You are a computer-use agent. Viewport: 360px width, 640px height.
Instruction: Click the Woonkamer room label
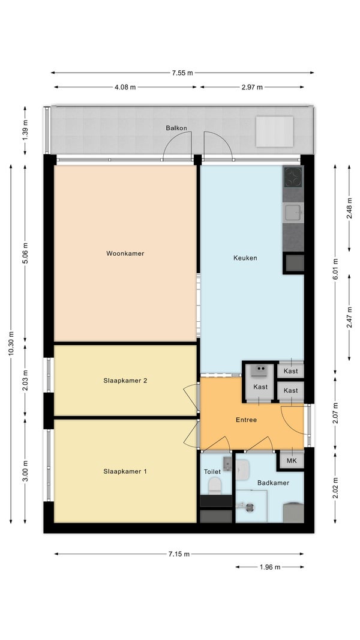pyautogui.click(x=125, y=253)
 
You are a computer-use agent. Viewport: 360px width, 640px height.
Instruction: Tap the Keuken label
pyautogui.click(x=245, y=258)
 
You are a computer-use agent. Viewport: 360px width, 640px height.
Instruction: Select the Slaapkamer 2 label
pyautogui.click(x=125, y=381)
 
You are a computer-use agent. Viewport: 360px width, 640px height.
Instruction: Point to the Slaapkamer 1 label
pyautogui.click(x=125, y=471)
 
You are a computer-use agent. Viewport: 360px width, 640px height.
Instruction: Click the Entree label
pyautogui.click(x=246, y=420)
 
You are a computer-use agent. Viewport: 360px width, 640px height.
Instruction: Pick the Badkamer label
pyautogui.click(x=273, y=483)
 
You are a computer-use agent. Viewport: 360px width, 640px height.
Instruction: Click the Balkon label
pyautogui.click(x=176, y=128)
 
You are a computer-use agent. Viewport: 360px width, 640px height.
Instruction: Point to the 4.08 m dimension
pyautogui.click(x=125, y=87)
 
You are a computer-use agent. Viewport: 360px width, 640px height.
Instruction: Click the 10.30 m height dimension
pyautogui.click(x=11, y=343)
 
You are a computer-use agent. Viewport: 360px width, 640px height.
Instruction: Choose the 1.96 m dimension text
pyautogui.click(x=270, y=567)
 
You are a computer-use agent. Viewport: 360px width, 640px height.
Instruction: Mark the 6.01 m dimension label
pyautogui.click(x=335, y=270)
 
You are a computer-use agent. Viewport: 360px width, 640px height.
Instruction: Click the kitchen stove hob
pyautogui.click(x=293, y=177)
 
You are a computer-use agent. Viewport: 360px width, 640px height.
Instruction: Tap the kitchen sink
pyautogui.click(x=293, y=213)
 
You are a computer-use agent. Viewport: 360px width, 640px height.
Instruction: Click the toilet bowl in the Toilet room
pyautogui.click(x=215, y=486)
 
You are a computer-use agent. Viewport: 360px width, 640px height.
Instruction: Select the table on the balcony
pyautogui.click(x=274, y=131)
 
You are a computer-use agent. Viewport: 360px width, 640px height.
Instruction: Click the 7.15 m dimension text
pyautogui.click(x=179, y=554)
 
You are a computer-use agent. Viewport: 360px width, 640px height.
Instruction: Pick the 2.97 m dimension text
pyautogui.click(x=252, y=87)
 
